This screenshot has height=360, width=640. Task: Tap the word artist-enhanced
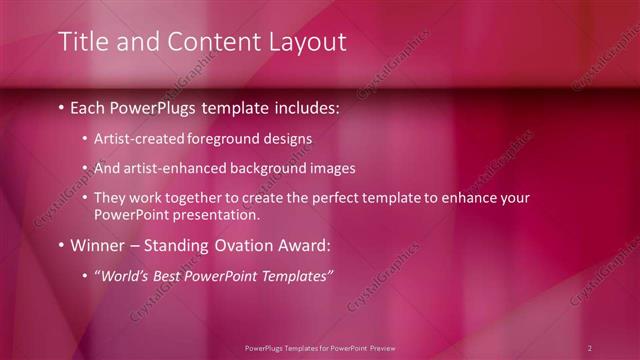(x=170, y=169)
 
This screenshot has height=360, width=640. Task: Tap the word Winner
(x=97, y=245)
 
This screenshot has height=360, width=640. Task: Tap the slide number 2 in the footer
(x=589, y=348)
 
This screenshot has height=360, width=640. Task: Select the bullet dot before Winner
(x=62, y=245)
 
